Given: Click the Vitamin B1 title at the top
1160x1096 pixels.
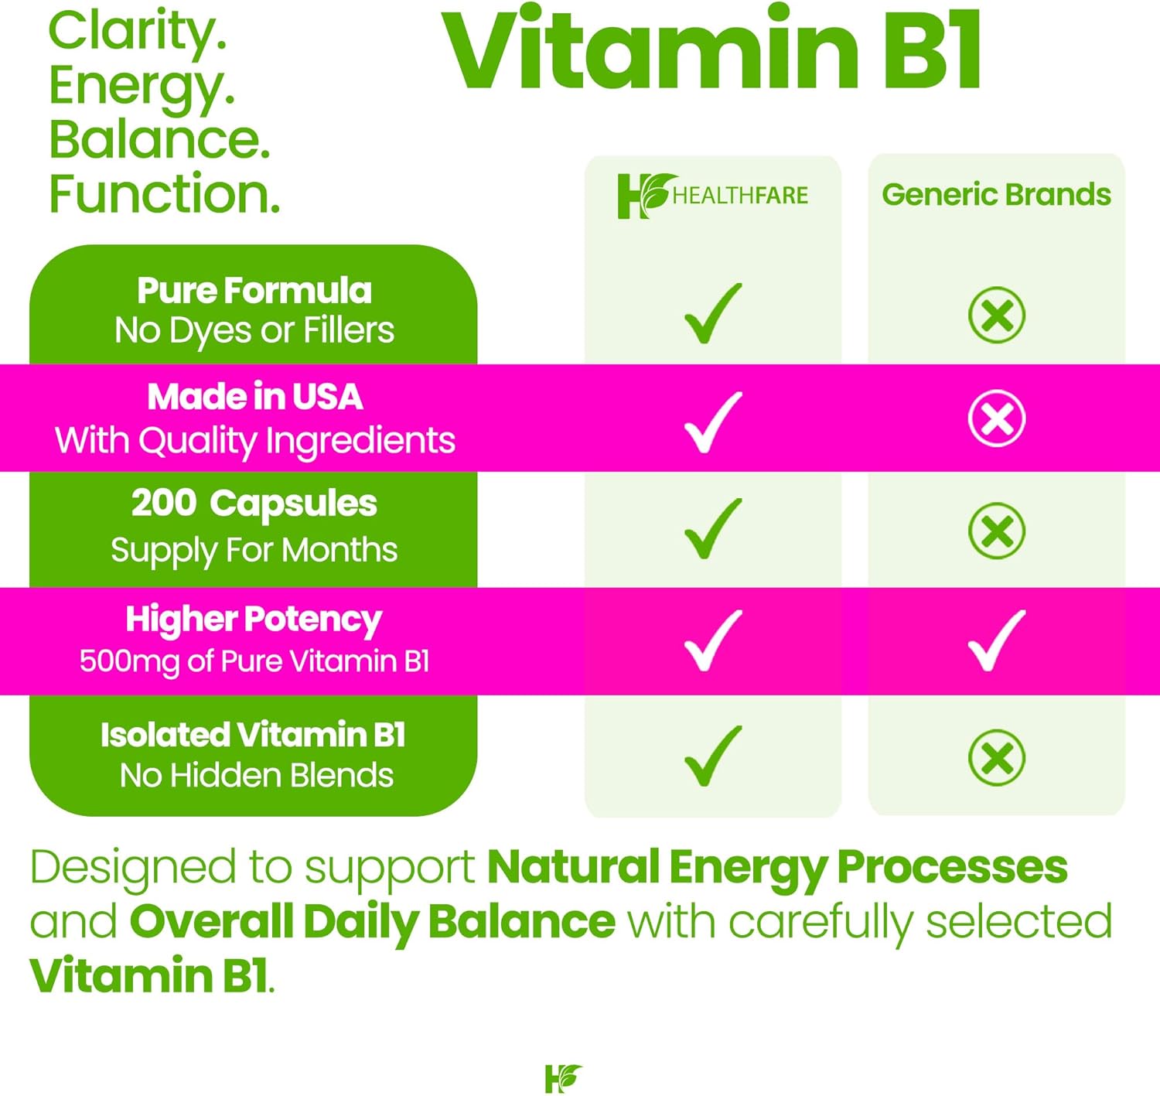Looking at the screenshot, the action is (710, 49).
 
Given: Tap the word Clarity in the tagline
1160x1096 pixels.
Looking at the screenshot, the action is (137, 33).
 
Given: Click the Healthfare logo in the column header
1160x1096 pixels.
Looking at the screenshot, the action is (712, 196).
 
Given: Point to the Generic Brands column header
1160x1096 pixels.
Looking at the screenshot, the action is (996, 195).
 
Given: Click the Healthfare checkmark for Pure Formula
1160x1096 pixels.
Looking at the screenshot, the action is (713, 313).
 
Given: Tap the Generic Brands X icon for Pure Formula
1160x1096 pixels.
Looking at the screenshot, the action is (997, 314).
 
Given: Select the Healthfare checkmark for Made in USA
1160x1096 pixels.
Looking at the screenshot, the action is (713, 422).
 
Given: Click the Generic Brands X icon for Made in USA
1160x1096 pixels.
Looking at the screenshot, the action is (997, 418).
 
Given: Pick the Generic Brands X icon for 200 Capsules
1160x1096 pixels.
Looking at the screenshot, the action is (997, 531).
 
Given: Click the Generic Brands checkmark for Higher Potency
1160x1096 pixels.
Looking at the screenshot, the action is (997, 641).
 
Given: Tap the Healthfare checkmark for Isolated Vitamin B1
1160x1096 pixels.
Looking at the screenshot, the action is (713, 756).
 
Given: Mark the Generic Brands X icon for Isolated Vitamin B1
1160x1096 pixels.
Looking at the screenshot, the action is (997, 758).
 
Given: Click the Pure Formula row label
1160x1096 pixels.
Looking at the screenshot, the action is (254, 290).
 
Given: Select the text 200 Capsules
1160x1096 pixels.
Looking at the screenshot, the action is (254, 504).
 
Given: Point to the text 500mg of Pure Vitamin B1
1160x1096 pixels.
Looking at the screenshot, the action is (254, 662).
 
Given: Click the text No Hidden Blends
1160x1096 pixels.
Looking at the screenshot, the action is (257, 776).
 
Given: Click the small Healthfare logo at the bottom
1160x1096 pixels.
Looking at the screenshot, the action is (563, 1078).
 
